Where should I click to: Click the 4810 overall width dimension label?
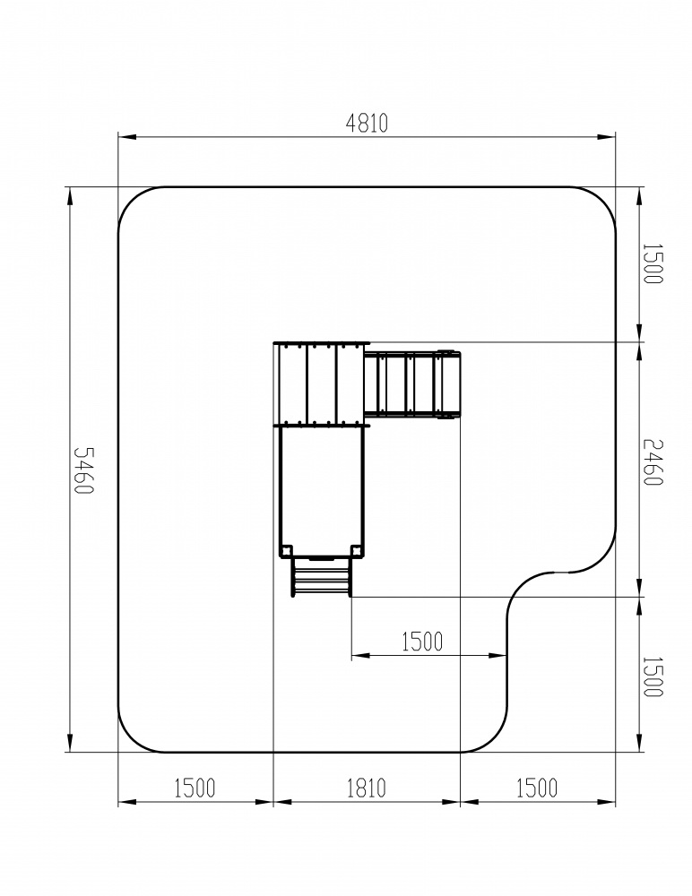tap(368, 123)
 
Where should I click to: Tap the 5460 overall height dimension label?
tap(84, 470)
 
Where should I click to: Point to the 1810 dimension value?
tap(367, 788)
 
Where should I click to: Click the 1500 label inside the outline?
tap(422, 642)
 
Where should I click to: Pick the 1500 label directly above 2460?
tap(653, 263)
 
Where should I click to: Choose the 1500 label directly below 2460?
tap(653, 676)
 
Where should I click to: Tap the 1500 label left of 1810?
tap(195, 788)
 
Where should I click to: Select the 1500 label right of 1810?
tap(537, 788)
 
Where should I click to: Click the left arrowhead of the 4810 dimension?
tap(127, 137)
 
